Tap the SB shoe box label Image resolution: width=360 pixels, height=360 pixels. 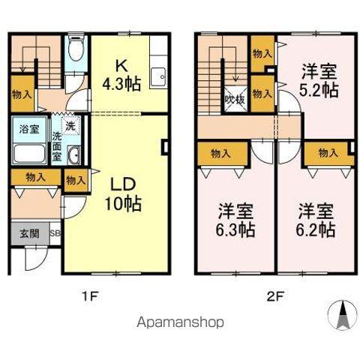(54, 233)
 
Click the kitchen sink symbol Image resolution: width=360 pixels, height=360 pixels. (157, 76)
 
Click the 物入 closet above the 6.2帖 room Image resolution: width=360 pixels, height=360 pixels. (327, 154)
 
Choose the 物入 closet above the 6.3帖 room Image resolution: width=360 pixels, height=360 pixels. (220, 154)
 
